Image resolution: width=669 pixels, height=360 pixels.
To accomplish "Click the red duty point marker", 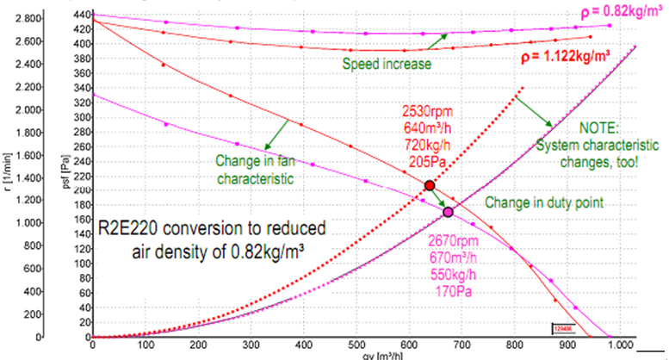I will pos(429,186).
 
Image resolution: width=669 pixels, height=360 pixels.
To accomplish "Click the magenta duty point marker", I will pos(448,212).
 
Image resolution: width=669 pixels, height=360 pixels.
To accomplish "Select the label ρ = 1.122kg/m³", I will pos(565,58).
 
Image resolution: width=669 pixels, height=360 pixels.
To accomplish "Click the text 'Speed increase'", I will pos(387,64).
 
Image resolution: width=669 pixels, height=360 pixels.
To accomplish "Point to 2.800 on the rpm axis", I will pos(30,18).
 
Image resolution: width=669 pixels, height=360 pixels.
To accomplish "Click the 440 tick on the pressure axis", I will pos(78,16).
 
